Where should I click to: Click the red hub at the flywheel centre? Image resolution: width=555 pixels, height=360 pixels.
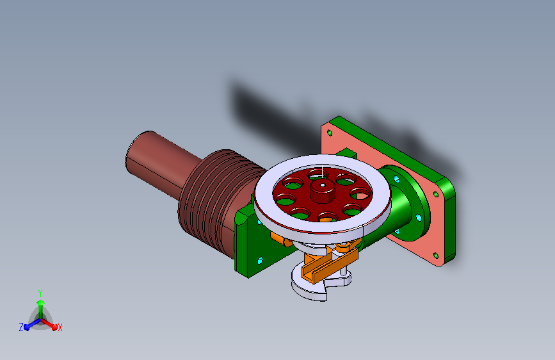pos(323,192)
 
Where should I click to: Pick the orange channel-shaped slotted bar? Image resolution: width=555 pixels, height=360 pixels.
pos(330,266)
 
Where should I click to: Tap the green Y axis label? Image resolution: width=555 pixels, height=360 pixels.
pos(40,293)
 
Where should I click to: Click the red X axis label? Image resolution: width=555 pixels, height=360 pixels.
pos(60,328)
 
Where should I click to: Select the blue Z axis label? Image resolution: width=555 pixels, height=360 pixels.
pos(21,327)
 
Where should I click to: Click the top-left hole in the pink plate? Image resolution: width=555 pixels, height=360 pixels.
pos(330,133)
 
